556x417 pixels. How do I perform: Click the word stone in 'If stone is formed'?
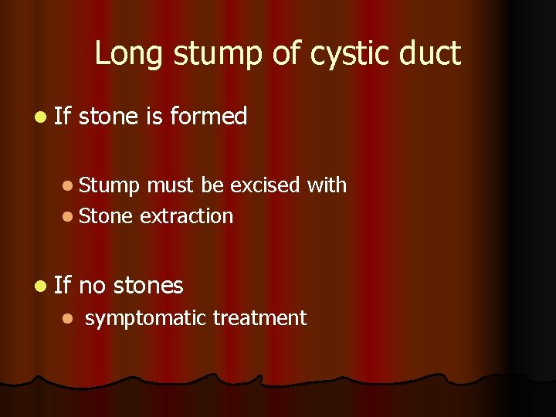pos(109,117)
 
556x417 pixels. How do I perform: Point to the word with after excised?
pos(327,185)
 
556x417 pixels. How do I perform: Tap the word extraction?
pos(186,216)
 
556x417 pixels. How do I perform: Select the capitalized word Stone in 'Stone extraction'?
pos(107,216)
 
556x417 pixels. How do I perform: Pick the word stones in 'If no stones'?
pos(148,286)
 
